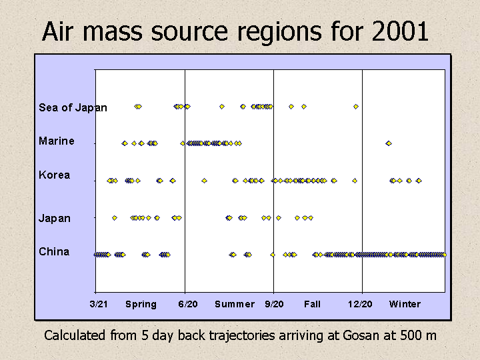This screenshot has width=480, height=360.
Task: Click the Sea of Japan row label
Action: click(73, 107)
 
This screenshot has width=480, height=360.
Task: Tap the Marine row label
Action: click(57, 141)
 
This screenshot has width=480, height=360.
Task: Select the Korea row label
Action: click(55, 175)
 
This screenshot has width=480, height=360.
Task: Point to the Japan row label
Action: click(55, 219)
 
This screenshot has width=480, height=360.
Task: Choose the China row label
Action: click(54, 251)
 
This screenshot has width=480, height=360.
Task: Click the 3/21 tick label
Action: click(99, 304)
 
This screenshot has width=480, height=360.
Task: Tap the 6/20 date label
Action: click(188, 304)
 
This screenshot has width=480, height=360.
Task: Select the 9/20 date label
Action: click(274, 304)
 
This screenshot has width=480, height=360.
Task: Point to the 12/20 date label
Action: click(360, 304)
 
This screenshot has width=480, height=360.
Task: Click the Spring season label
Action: click(141, 305)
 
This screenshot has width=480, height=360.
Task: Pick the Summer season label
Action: click(235, 304)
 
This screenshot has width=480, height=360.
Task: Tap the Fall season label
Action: click(312, 304)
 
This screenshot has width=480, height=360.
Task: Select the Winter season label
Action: click(405, 304)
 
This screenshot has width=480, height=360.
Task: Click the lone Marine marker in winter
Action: click(389, 143)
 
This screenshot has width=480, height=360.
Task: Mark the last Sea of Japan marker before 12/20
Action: click(356, 107)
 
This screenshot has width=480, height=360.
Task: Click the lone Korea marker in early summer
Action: click(204, 181)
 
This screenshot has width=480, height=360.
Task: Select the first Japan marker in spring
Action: click(115, 218)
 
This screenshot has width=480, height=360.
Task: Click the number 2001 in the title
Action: click(400, 31)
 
